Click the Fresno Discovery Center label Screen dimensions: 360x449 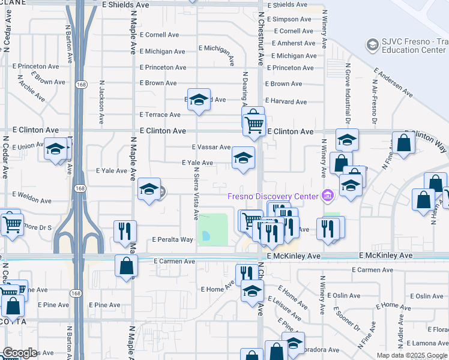click(273, 197)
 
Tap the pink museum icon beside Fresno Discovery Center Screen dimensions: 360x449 click(327, 195)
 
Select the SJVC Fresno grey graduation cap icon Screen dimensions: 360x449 click(372, 44)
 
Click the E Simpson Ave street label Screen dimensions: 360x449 click(289, 19)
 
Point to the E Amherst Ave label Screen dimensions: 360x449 click(293, 43)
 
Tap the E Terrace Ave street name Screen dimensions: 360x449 click(160, 115)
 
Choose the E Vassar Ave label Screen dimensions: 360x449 click(211, 147)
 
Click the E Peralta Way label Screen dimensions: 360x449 click(173, 239)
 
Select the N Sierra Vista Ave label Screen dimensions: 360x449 click(196, 192)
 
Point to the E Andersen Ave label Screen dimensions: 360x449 click(393, 82)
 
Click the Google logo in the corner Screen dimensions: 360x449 click(20, 353)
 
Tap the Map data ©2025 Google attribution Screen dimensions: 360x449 click(412, 355)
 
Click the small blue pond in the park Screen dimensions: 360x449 click(206, 236)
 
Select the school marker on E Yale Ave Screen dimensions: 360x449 click(243, 158)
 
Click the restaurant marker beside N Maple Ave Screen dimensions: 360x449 click(125, 231)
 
